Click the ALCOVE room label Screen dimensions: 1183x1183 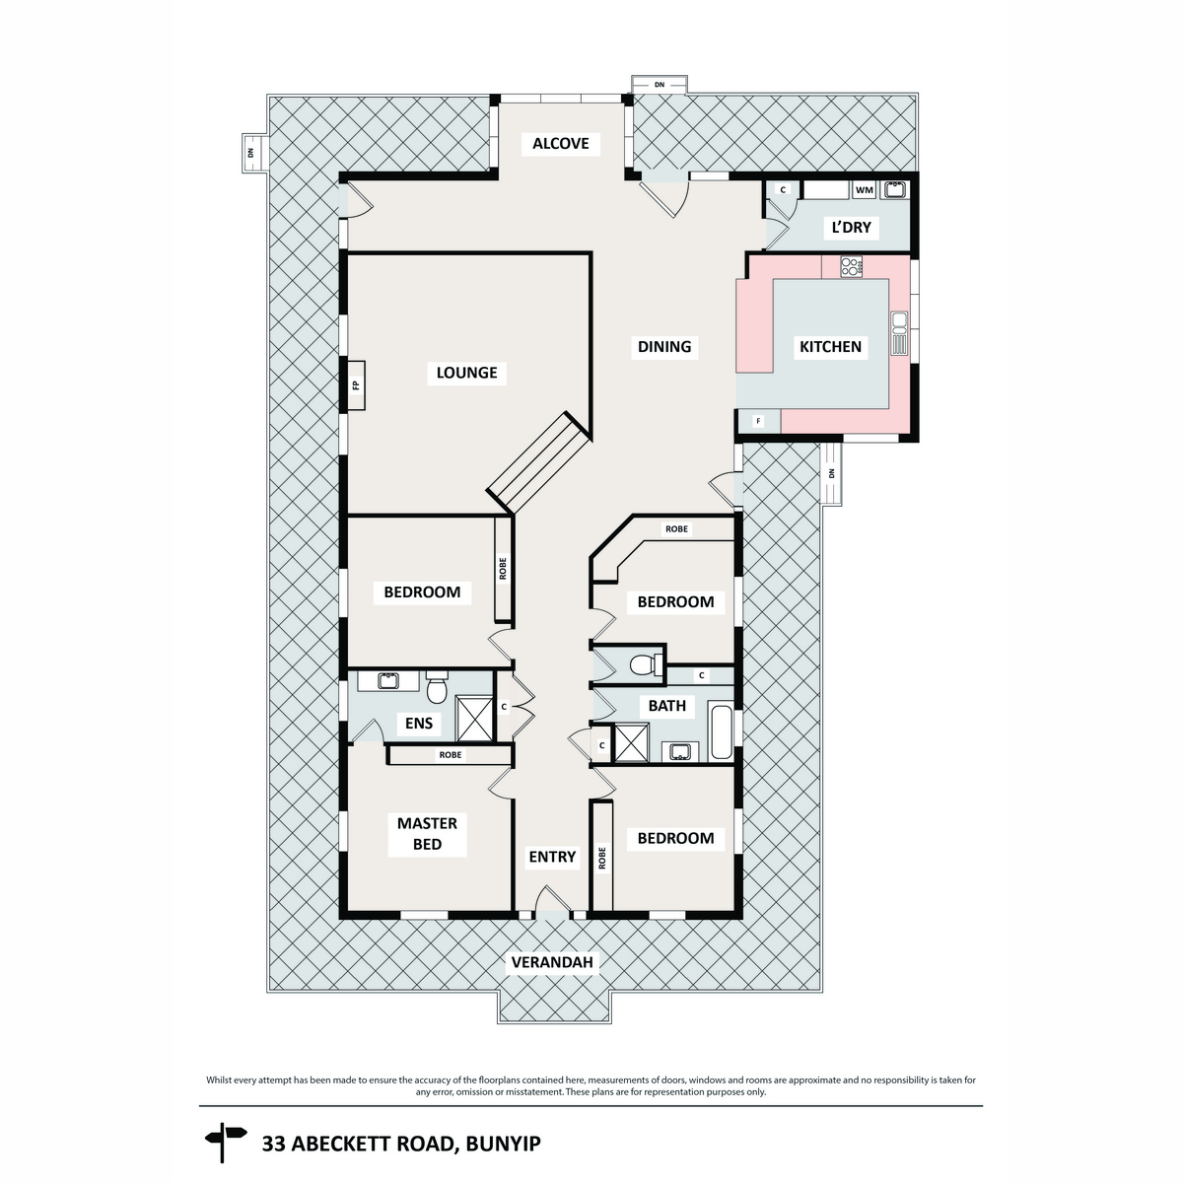(x=560, y=144)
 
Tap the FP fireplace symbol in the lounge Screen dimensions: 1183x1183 (x=356, y=383)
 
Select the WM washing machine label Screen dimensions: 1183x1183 (x=864, y=189)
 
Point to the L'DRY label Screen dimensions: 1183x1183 (x=850, y=228)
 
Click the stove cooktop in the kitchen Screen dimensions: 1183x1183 (x=851, y=265)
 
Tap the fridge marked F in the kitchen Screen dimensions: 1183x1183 (x=758, y=421)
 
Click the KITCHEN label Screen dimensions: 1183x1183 (x=830, y=347)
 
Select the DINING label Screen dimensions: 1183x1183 (x=664, y=347)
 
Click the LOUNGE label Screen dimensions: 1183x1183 (x=467, y=373)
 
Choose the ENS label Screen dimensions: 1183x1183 (x=419, y=724)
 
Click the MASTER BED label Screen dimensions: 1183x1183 (x=427, y=834)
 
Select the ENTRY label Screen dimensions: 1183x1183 (x=552, y=857)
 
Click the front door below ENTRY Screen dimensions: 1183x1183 (x=553, y=904)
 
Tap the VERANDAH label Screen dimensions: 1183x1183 (x=554, y=962)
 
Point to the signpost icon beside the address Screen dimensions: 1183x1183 (x=225, y=1143)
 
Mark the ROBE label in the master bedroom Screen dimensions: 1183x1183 (x=450, y=755)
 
